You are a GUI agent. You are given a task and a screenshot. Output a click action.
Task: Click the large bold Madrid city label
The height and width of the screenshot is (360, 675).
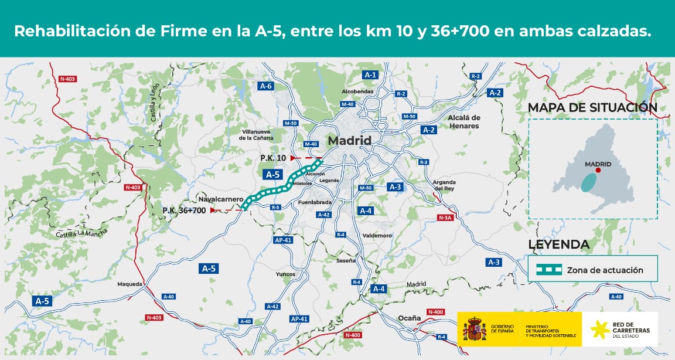click(x=349, y=141)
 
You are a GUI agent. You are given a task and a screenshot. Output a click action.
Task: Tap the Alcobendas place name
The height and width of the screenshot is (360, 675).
click(x=357, y=92)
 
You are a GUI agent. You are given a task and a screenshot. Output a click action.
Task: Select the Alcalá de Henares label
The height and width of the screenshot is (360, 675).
click(x=463, y=121)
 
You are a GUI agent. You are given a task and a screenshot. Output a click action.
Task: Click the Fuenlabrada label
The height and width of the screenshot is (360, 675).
click(x=315, y=202)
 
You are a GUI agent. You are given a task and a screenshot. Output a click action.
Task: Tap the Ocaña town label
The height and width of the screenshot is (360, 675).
click(x=409, y=318)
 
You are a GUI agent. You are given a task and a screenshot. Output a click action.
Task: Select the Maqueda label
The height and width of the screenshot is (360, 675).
click(x=129, y=284)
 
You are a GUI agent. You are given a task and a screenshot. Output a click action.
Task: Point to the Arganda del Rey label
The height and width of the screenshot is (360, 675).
click(x=444, y=185)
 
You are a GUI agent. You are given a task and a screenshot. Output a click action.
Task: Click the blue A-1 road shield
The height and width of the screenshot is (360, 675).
click(x=370, y=75)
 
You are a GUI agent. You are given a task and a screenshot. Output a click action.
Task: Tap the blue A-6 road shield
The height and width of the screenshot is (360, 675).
click(x=266, y=86)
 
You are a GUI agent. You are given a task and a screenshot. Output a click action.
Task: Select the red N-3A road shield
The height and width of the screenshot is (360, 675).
click(x=446, y=218)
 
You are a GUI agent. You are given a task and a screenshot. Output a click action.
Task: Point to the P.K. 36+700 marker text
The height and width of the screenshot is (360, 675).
click(x=184, y=210)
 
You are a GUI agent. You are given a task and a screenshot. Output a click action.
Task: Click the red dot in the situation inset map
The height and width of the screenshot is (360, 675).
click(x=598, y=170)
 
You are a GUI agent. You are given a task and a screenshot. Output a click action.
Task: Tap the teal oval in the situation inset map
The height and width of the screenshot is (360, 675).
click(x=588, y=182)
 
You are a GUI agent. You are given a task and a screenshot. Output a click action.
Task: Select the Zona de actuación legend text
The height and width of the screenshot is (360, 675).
click(x=605, y=270)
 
